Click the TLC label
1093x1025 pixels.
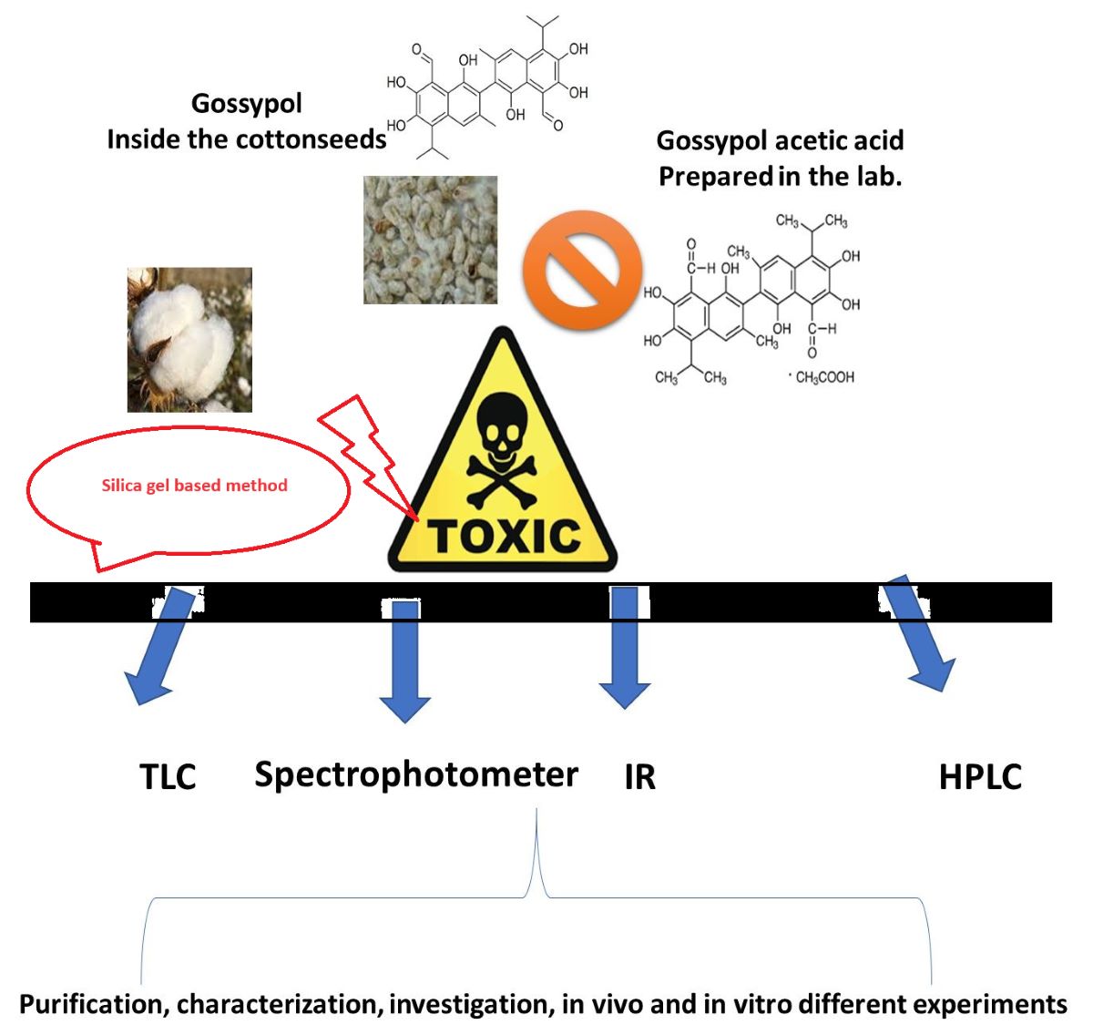[x=168, y=777]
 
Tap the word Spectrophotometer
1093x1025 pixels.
[x=416, y=774]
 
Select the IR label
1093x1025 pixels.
[x=639, y=777]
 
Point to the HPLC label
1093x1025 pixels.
[x=980, y=777]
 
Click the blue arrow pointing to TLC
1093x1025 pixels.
[x=161, y=647]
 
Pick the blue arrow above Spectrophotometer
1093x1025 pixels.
[x=404, y=661]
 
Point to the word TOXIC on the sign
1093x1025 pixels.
[x=503, y=536]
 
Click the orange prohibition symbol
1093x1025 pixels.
[x=582, y=270]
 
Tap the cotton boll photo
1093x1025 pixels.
[x=189, y=339]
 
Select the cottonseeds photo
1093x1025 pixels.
[x=430, y=240]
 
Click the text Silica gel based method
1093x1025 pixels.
[x=194, y=486]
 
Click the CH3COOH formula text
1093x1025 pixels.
[x=824, y=377]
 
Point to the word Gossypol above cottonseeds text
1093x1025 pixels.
[x=246, y=104]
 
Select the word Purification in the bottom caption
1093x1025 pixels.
[x=91, y=1004]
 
